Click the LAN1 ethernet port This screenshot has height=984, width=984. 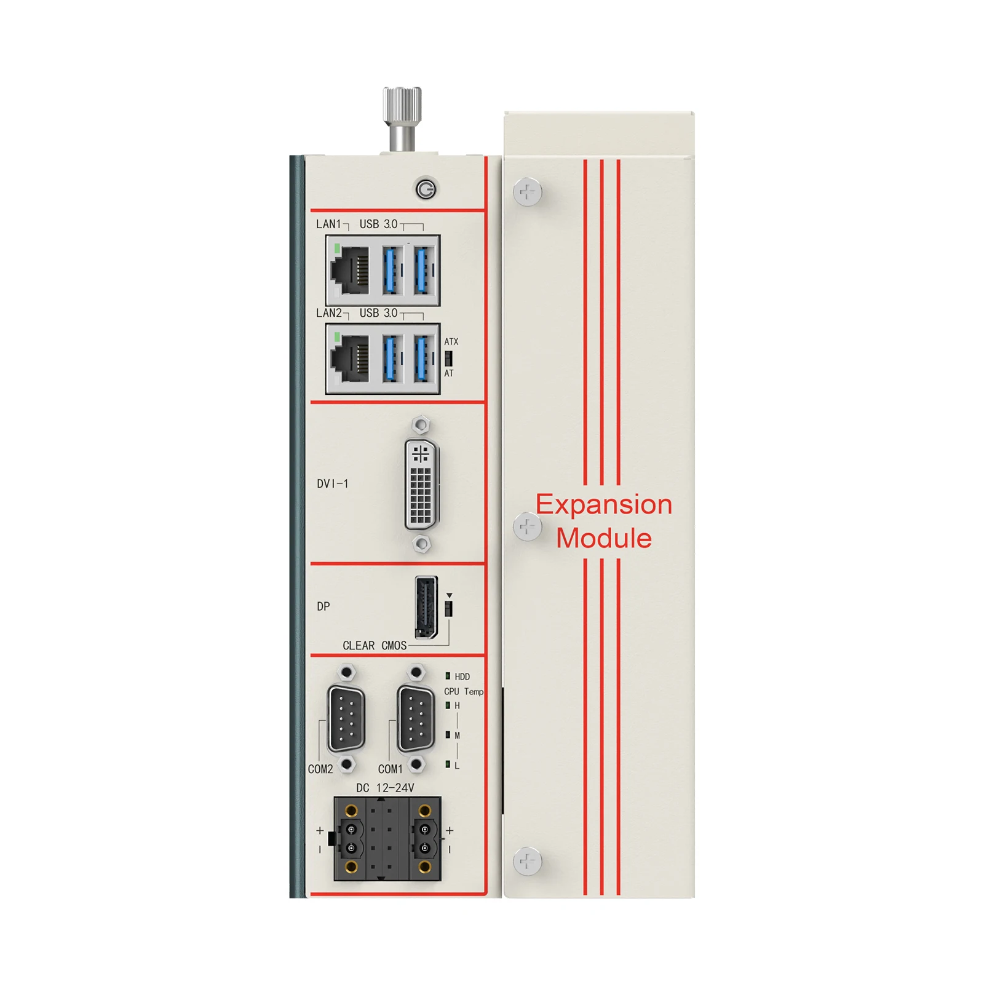click(x=350, y=269)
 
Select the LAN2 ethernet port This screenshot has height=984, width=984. click(x=350, y=358)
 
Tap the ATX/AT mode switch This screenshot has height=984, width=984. click(x=448, y=358)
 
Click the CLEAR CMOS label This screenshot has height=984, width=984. click(x=375, y=646)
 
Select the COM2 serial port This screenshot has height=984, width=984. click(x=347, y=719)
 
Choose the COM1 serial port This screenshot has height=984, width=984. click(x=416, y=719)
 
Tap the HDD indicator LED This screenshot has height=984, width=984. click(x=448, y=676)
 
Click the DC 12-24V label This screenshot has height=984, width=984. click(x=385, y=788)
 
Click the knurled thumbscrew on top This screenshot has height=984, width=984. click(x=402, y=118)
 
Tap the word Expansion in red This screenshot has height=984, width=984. click(x=604, y=505)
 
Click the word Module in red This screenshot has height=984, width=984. click(x=604, y=538)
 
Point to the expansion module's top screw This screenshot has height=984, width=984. click(x=527, y=192)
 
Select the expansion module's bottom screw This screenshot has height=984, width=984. click(x=527, y=861)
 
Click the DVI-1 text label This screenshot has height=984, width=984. click(x=333, y=484)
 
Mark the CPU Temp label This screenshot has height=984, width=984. click(x=464, y=692)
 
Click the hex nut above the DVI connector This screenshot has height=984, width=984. click(x=421, y=425)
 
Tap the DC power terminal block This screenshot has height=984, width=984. click(x=387, y=839)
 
